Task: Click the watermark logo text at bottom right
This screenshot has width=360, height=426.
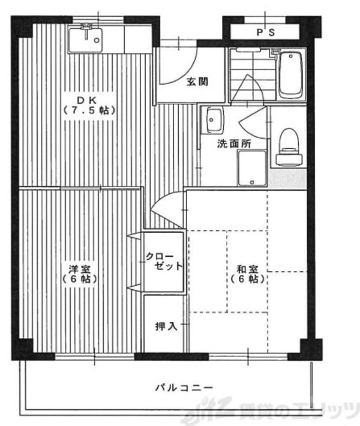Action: [x=276, y=413]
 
